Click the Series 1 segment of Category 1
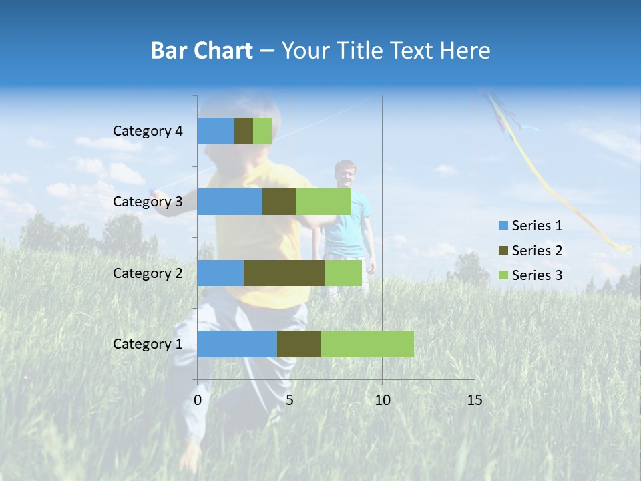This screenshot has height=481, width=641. pos(237,344)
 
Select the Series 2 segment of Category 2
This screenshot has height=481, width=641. pos(284,273)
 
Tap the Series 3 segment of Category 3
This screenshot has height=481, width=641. pos(323,202)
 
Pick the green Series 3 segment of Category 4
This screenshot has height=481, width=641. pos(262,131)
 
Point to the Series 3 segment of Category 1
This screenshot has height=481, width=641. pos(367,344)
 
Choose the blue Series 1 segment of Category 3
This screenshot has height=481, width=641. pos(230,202)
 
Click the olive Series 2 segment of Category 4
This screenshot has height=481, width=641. pos(244,131)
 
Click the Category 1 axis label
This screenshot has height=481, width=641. pos(148,344)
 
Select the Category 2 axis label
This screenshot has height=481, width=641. pos(148,273)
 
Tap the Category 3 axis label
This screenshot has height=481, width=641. pos(148,202)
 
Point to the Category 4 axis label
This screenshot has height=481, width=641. pos(148,131)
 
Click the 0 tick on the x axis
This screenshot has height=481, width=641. pos(198,400)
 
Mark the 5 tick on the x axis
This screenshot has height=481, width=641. pos(290,400)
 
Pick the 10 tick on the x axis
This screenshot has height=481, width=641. pos(382,400)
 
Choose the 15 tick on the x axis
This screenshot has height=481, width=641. pos(474,400)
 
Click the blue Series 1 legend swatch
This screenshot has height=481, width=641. pos(503,226)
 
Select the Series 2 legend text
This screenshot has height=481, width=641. pos(537,251)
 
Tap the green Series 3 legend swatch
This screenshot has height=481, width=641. pos(503,275)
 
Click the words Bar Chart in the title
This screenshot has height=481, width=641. pos(202,51)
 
